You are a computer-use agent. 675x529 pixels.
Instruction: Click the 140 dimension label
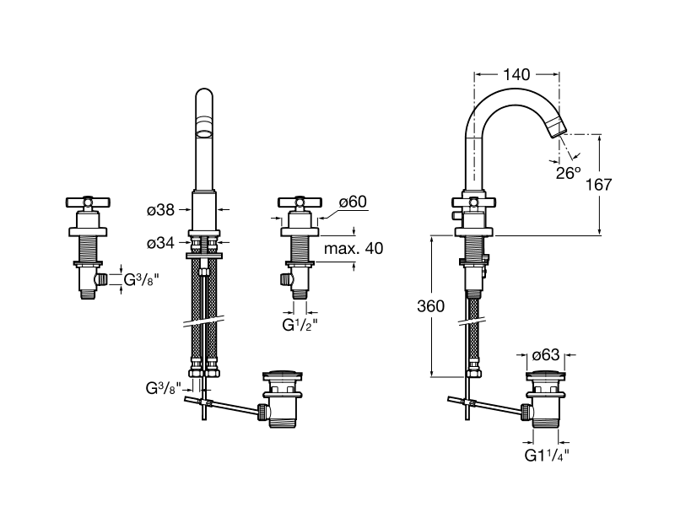(516, 75)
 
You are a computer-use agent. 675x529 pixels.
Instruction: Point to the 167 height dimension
(598, 185)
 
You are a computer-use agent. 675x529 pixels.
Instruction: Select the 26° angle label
(568, 173)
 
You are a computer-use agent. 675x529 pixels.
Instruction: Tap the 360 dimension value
(430, 306)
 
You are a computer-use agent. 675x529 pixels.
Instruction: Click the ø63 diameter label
(546, 355)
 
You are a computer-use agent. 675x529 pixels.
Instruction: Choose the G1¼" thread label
(547, 455)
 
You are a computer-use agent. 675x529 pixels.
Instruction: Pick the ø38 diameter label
(160, 210)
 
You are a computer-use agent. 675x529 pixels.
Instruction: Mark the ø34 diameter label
(160, 243)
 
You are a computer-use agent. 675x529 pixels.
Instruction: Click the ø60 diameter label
(353, 202)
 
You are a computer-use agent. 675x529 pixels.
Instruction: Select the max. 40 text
(354, 248)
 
